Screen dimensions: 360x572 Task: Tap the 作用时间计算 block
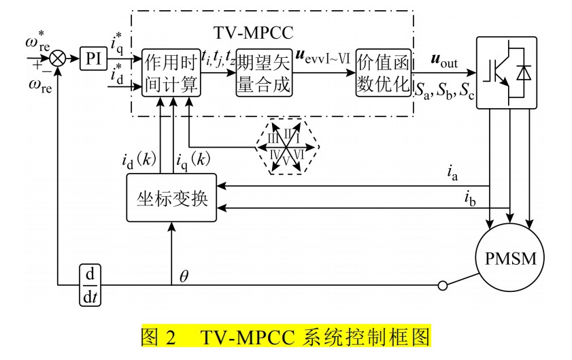click(171, 73)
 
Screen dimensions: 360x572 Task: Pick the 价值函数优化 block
click(384, 73)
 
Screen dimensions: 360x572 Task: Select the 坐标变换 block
click(171, 198)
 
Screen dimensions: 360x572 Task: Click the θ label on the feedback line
click(184, 275)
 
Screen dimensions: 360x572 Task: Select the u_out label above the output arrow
click(445, 61)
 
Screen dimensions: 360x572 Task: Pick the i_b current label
click(470, 198)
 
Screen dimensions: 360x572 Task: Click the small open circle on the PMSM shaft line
click(443, 286)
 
